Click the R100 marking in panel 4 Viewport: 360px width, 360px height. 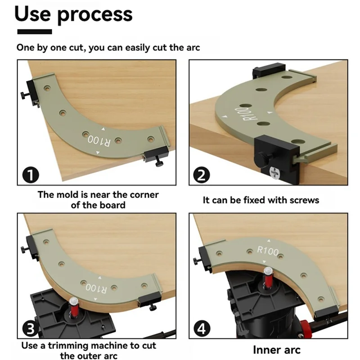point(268,252)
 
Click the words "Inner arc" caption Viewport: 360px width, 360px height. point(276,350)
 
